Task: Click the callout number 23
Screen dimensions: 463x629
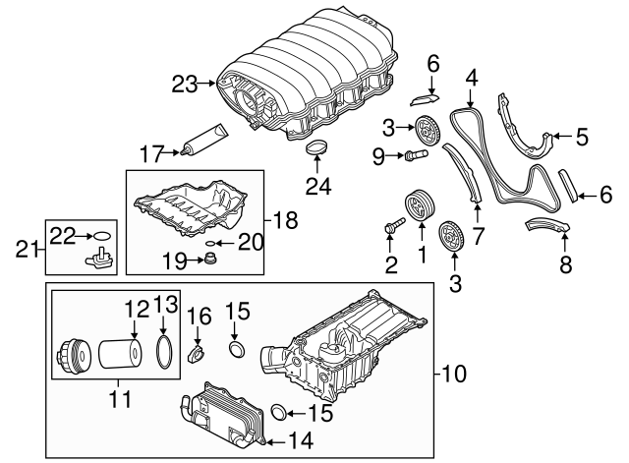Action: coord(184,85)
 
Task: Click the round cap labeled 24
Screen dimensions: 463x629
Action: coord(316,148)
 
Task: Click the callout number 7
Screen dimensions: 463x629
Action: coord(478,236)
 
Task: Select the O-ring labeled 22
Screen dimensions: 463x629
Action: coord(100,235)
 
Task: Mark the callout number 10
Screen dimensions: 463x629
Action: coord(454,374)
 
